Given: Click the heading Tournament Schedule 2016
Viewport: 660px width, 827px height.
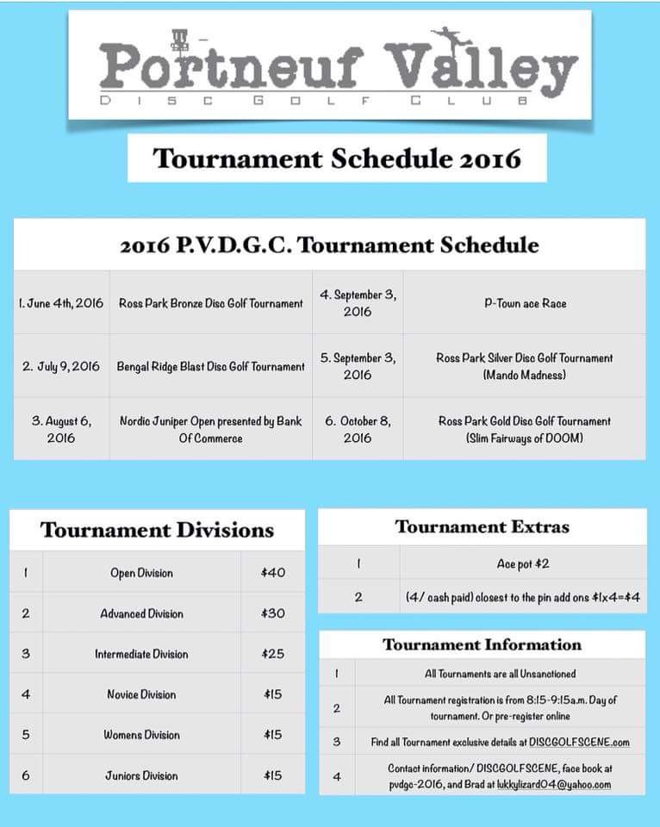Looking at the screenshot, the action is click(337, 159).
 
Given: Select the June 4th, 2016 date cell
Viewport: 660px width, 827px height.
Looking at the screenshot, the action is click(61, 303).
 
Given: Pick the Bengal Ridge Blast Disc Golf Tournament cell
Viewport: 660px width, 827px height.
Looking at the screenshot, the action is click(211, 366).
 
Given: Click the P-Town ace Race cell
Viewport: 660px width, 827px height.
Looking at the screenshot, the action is click(524, 303).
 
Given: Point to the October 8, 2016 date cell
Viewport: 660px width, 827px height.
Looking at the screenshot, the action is click(358, 429).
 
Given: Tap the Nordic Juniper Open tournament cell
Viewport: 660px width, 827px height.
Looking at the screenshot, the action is click(211, 429).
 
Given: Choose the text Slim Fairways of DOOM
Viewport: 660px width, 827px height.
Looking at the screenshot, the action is click(524, 438).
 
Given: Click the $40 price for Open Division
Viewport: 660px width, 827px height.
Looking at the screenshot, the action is click(272, 573).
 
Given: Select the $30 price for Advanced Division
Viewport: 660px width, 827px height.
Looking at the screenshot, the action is click(272, 613).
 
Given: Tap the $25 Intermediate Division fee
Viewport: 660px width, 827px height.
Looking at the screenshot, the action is click(272, 654).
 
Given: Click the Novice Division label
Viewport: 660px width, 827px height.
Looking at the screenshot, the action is click(141, 694).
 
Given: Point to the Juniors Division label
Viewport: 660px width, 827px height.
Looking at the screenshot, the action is click(141, 775).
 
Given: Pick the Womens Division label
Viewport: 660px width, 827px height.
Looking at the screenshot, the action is click(141, 735).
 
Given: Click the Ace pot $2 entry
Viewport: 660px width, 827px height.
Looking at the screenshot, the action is click(524, 563).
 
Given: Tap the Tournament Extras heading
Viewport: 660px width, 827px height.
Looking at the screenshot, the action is click(482, 526).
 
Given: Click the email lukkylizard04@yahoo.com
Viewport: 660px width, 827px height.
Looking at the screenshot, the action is click(554, 785).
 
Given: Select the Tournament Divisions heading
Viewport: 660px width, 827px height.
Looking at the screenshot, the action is click(157, 530).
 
